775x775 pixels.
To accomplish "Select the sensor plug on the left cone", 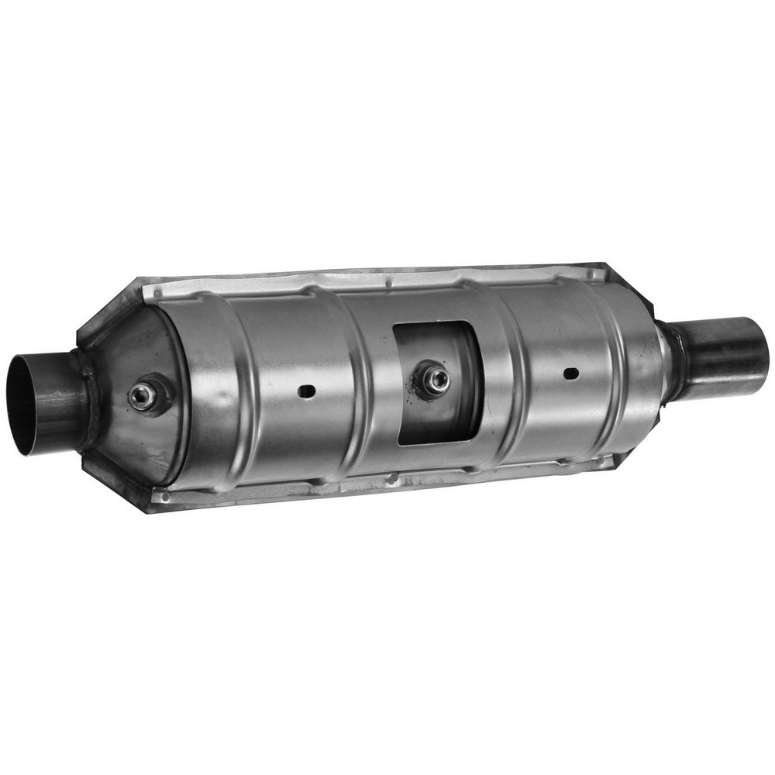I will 142,396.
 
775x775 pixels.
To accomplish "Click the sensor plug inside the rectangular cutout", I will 436,379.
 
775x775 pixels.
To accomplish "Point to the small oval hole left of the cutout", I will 307,391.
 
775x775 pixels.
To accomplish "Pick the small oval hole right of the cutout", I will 570,374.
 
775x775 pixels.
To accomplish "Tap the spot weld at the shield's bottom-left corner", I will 163,494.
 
